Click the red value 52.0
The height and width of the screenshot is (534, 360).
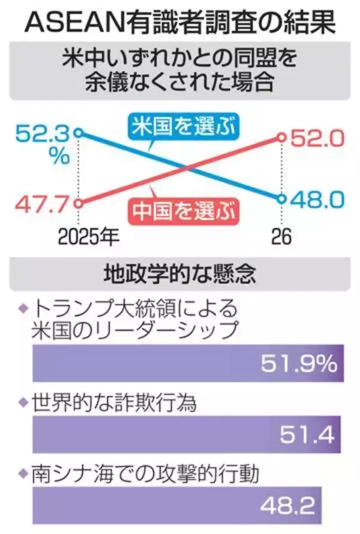pyautogui.click(x=317, y=137)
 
